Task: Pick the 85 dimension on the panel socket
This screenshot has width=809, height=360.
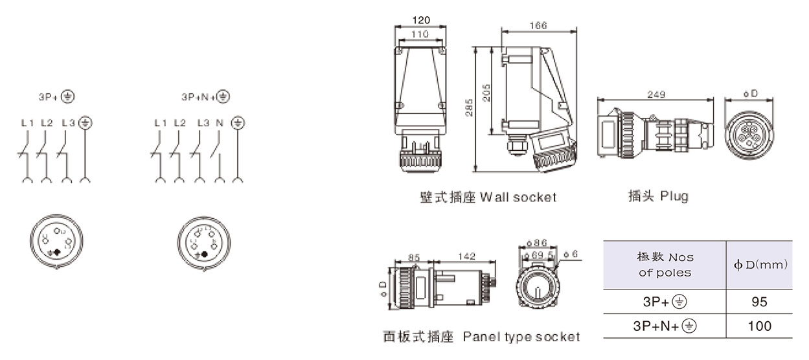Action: pos(414,257)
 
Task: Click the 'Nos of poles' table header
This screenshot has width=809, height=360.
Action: pos(665,265)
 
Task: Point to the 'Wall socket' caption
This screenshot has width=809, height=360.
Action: pos(487,197)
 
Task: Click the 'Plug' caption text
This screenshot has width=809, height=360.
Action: pos(657,196)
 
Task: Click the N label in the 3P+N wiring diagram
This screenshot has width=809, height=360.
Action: pos(220,122)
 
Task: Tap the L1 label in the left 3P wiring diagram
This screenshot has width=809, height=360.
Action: pos(27,122)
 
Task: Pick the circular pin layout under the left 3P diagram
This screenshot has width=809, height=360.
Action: pos(56,243)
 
